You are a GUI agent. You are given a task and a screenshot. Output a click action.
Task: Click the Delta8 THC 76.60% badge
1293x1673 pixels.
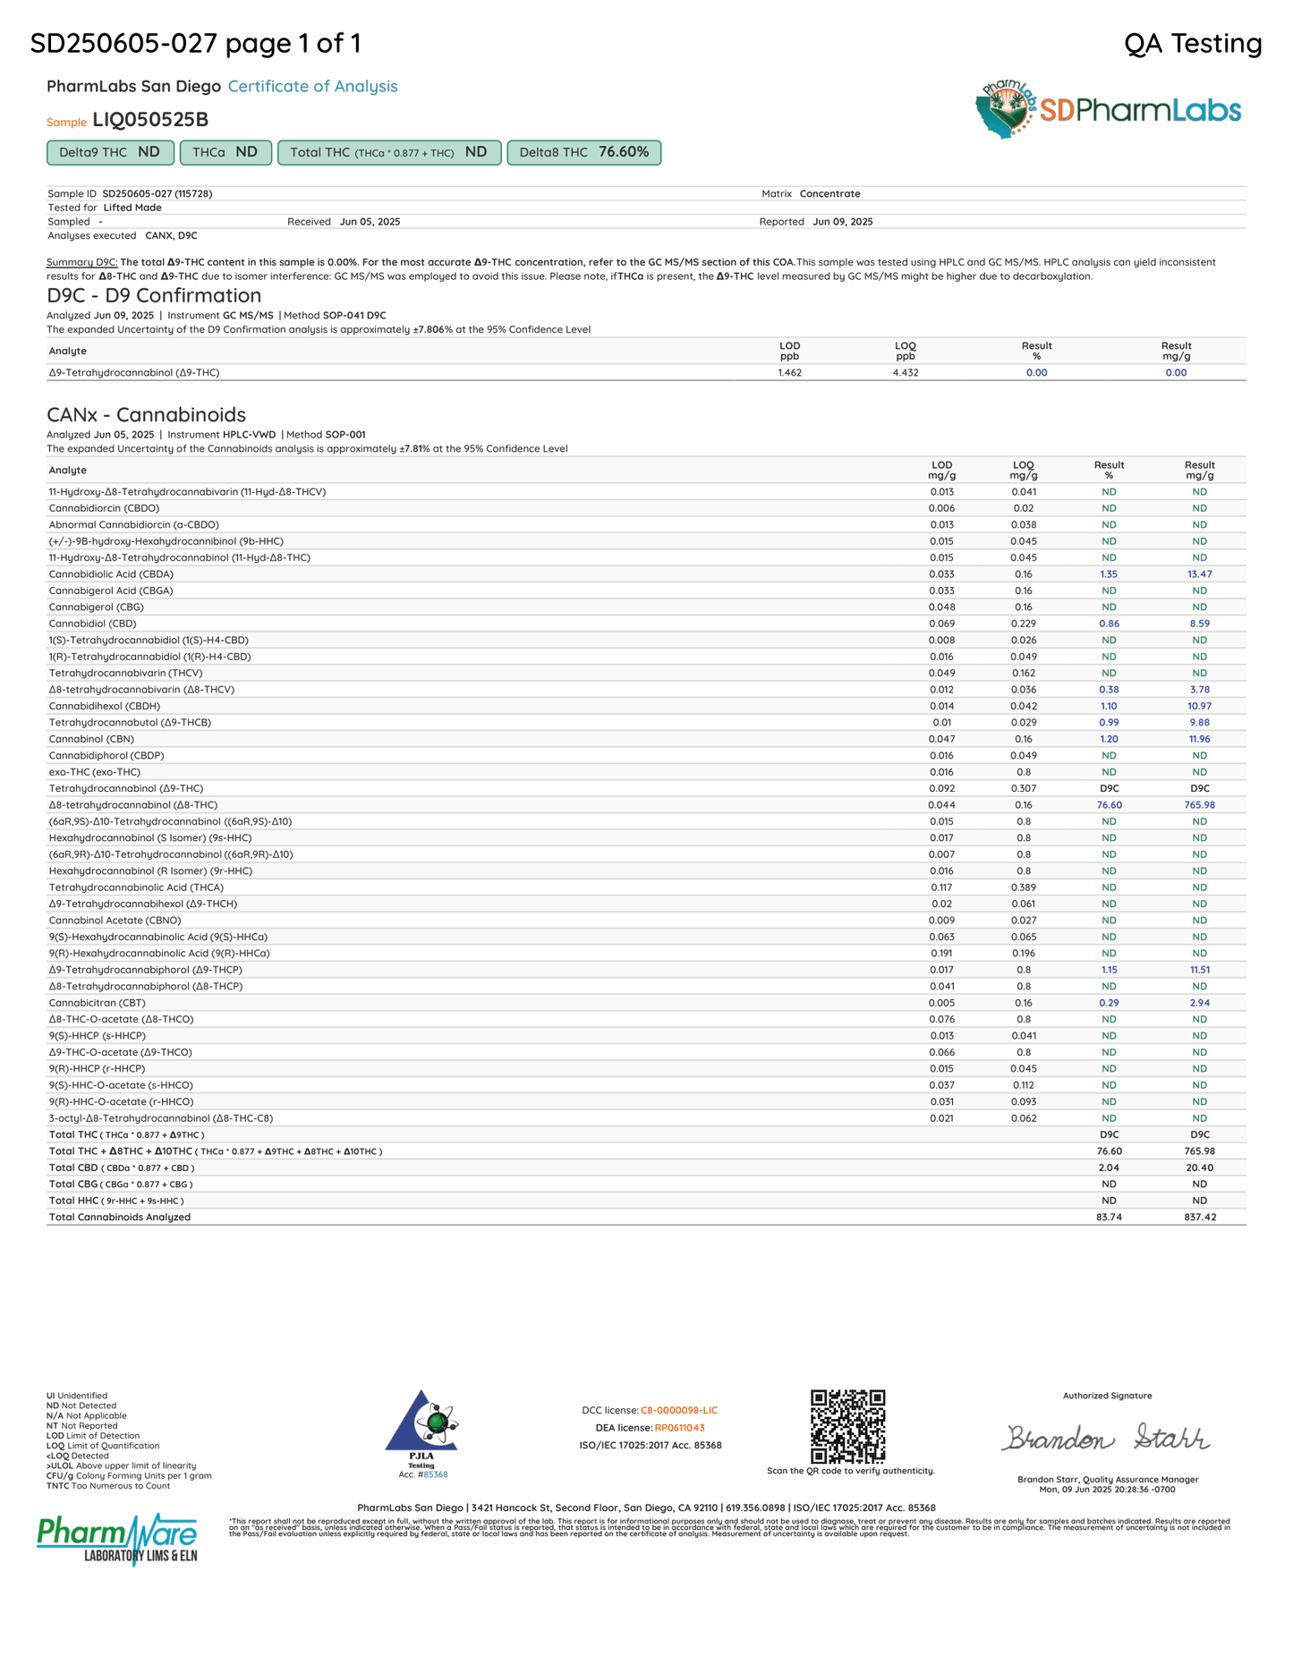tap(583, 153)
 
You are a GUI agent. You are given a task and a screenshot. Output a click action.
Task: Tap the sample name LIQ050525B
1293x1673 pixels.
tap(150, 120)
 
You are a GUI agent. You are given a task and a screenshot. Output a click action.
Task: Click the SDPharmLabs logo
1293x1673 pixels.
tap(1108, 110)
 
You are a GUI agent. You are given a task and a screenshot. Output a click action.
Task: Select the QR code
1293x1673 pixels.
tap(847, 1426)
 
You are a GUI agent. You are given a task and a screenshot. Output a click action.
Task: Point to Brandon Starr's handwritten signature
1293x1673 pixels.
tap(1106, 1438)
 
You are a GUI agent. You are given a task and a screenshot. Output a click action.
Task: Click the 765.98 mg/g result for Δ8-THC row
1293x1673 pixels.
tap(1199, 805)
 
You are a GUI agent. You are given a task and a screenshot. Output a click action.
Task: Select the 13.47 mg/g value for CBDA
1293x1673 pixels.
tap(1199, 574)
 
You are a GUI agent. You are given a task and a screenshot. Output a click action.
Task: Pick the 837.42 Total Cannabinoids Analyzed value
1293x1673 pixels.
tap(1199, 1217)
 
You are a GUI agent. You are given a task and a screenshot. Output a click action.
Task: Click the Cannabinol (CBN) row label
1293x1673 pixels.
tap(91, 739)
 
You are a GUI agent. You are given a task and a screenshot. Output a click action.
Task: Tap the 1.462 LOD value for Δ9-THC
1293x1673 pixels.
tap(789, 372)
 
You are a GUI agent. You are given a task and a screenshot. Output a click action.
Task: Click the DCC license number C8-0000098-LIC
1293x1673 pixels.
tap(678, 1411)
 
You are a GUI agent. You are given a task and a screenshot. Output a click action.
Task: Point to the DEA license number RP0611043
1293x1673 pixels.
tap(679, 1428)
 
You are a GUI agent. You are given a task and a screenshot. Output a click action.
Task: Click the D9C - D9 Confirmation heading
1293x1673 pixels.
tap(154, 295)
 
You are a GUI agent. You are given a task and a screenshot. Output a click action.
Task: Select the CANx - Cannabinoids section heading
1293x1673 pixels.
tap(146, 414)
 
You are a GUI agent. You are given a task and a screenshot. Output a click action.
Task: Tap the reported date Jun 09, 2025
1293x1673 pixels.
tap(842, 222)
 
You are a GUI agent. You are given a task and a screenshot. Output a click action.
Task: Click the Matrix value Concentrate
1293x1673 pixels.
tap(829, 194)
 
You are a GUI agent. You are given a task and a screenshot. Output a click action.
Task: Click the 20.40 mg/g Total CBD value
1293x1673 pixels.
tap(1199, 1168)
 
